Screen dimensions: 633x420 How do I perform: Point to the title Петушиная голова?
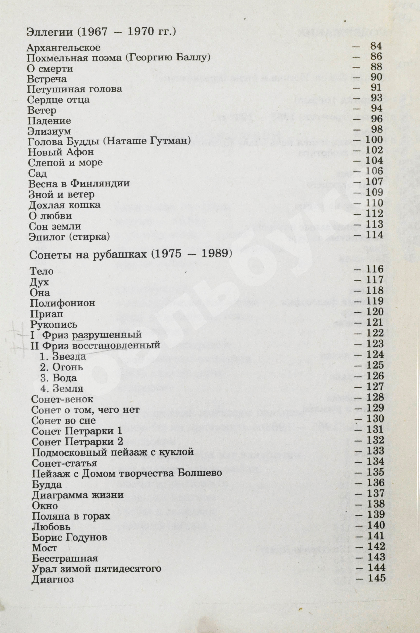click(75, 89)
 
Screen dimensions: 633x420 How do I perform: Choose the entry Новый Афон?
click(61, 152)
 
